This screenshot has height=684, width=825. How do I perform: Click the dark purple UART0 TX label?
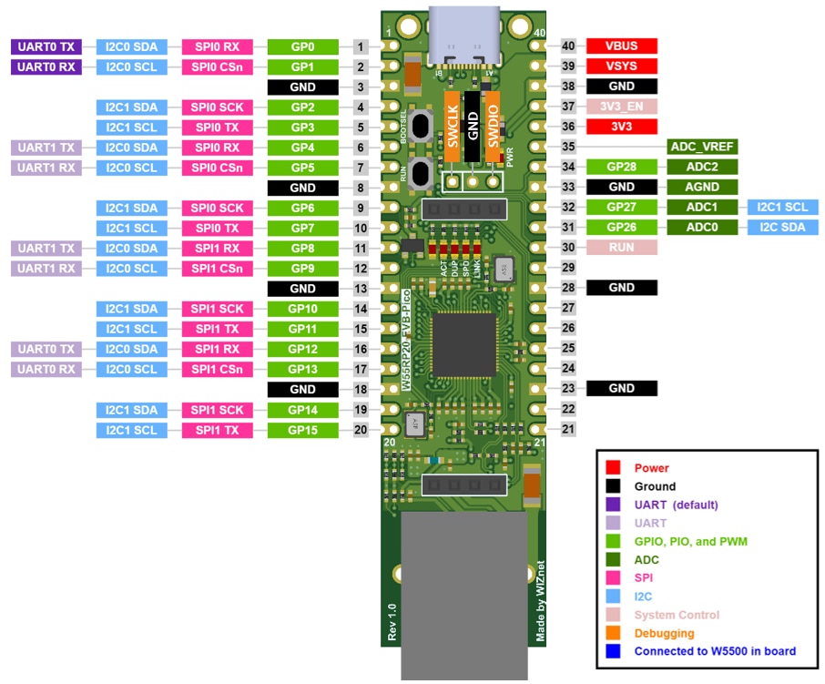click(x=46, y=46)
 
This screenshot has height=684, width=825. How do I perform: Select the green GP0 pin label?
click(x=302, y=46)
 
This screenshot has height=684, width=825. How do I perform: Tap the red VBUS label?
click(x=621, y=46)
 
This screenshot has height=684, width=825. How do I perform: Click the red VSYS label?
click(x=621, y=66)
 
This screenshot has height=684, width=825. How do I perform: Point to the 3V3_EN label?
click(x=621, y=107)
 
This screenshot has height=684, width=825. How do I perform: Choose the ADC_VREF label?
click(x=701, y=147)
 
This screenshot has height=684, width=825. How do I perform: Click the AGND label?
click(x=701, y=188)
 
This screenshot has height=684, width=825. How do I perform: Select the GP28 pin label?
click(x=621, y=168)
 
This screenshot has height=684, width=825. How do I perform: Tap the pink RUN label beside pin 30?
click(x=621, y=248)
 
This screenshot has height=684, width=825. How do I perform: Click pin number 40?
click(x=568, y=46)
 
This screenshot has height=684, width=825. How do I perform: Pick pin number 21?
click(x=568, y=429)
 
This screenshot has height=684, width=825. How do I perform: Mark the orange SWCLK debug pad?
click(x=451, y=127)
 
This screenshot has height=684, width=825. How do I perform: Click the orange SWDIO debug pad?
click(x=493, y=127)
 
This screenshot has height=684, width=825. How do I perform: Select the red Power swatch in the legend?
click(x=614, y=468)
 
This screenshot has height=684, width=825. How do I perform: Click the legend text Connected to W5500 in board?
click(x=715, y=651)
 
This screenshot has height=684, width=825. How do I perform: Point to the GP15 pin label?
click(x=302, y=430)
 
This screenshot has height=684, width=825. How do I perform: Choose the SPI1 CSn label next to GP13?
click(x=219, y=369)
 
